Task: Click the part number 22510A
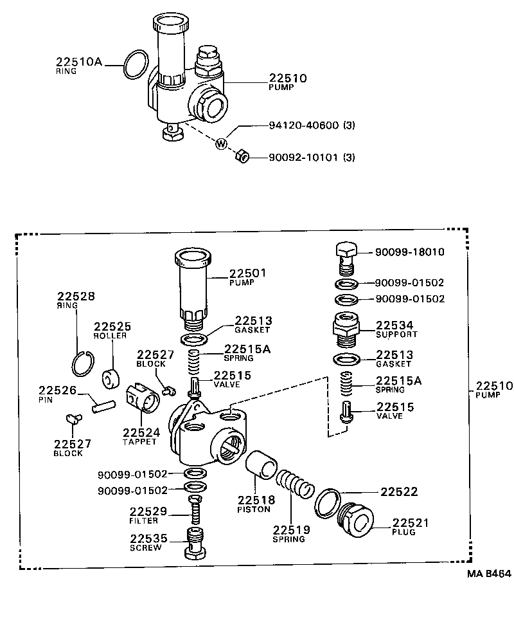79,62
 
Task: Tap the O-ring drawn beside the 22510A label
133,64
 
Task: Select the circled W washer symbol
221,143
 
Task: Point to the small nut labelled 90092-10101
242,155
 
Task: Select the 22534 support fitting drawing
346,329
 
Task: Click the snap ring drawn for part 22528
83,364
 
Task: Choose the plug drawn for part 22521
355,518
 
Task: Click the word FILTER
143,520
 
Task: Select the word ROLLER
111,336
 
